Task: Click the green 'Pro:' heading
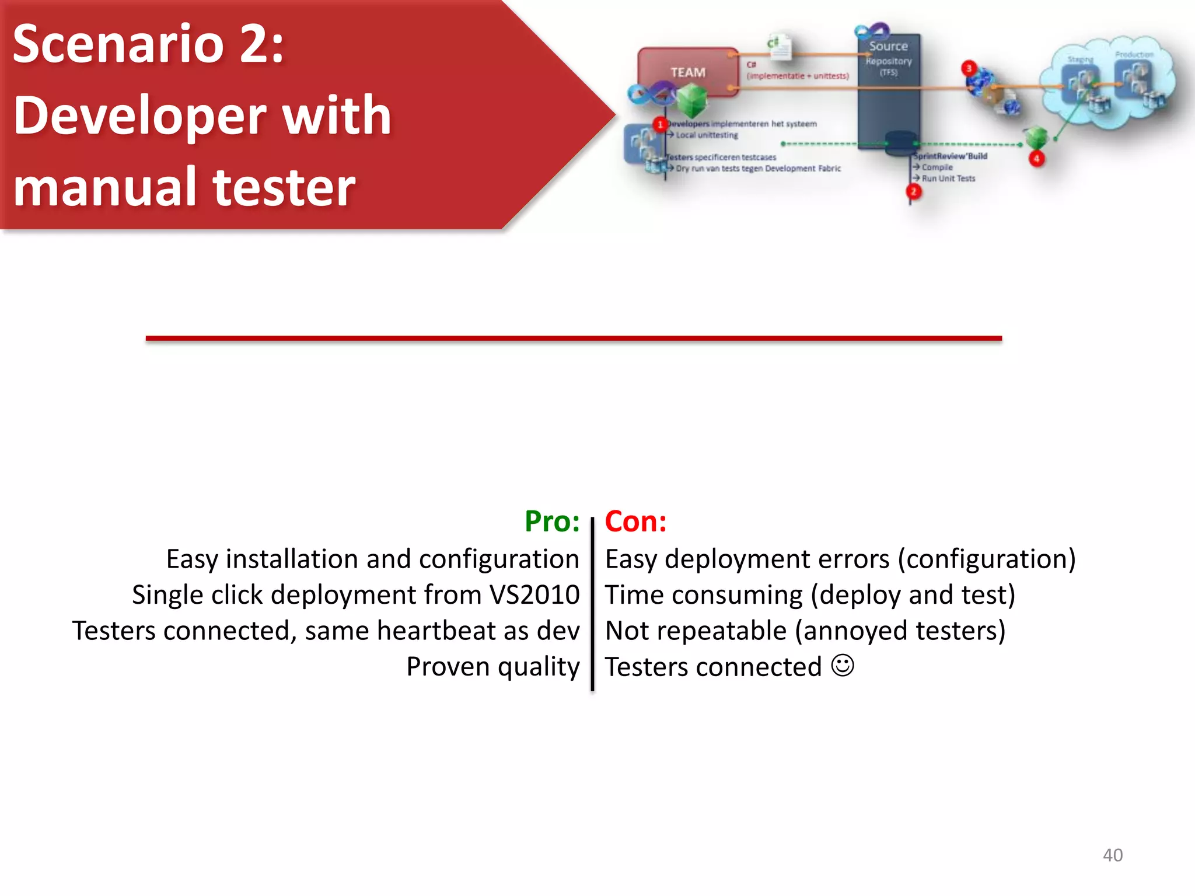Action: point(551,521)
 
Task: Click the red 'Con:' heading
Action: point(635,521)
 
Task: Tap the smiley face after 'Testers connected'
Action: point(842,665)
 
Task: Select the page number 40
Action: point(1112,855)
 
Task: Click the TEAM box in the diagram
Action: point(687,72)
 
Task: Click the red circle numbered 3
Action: point(969,68)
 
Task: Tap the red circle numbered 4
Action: point(1036,158)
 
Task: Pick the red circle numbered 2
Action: point(914,191)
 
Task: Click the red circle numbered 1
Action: point(660,124)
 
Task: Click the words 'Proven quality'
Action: point(492,666)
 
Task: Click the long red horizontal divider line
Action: point(574,338)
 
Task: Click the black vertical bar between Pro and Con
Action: point(592,604)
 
